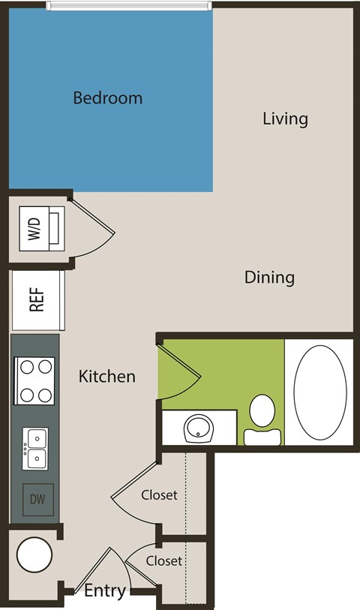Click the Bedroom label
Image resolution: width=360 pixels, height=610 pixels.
(108, 98)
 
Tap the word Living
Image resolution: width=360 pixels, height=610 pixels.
(285, 119)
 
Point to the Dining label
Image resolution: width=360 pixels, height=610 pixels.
(269, 278)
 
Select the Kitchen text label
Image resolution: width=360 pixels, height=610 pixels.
(107, 376)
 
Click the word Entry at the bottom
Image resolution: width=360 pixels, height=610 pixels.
(104, 591)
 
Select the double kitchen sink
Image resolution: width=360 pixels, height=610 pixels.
(35, 448)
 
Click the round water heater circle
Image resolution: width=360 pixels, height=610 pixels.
(34, 557)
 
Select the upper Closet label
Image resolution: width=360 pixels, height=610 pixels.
(159, 495)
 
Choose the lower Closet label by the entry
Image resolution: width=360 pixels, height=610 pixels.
(163, 561)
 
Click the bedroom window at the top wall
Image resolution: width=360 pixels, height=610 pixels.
(127, 5)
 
